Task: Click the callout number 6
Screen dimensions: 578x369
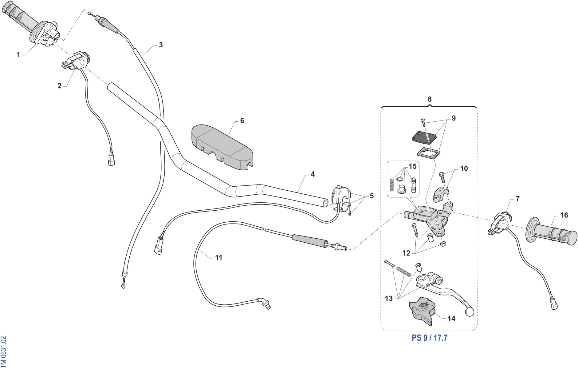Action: [x=242, y=121]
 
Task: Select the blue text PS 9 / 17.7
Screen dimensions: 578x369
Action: [x=430, y=338]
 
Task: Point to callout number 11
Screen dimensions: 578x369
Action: [x=218, y=257]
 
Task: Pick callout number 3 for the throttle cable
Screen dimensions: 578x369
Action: [x=161, y=45]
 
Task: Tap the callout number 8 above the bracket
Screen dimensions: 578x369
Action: [x=430, y=99]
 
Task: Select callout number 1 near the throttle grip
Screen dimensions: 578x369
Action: [x=18, y=55]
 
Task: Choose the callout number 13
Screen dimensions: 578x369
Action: [x=389, y=299]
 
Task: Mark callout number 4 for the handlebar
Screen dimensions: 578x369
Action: [x=313, y=174]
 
